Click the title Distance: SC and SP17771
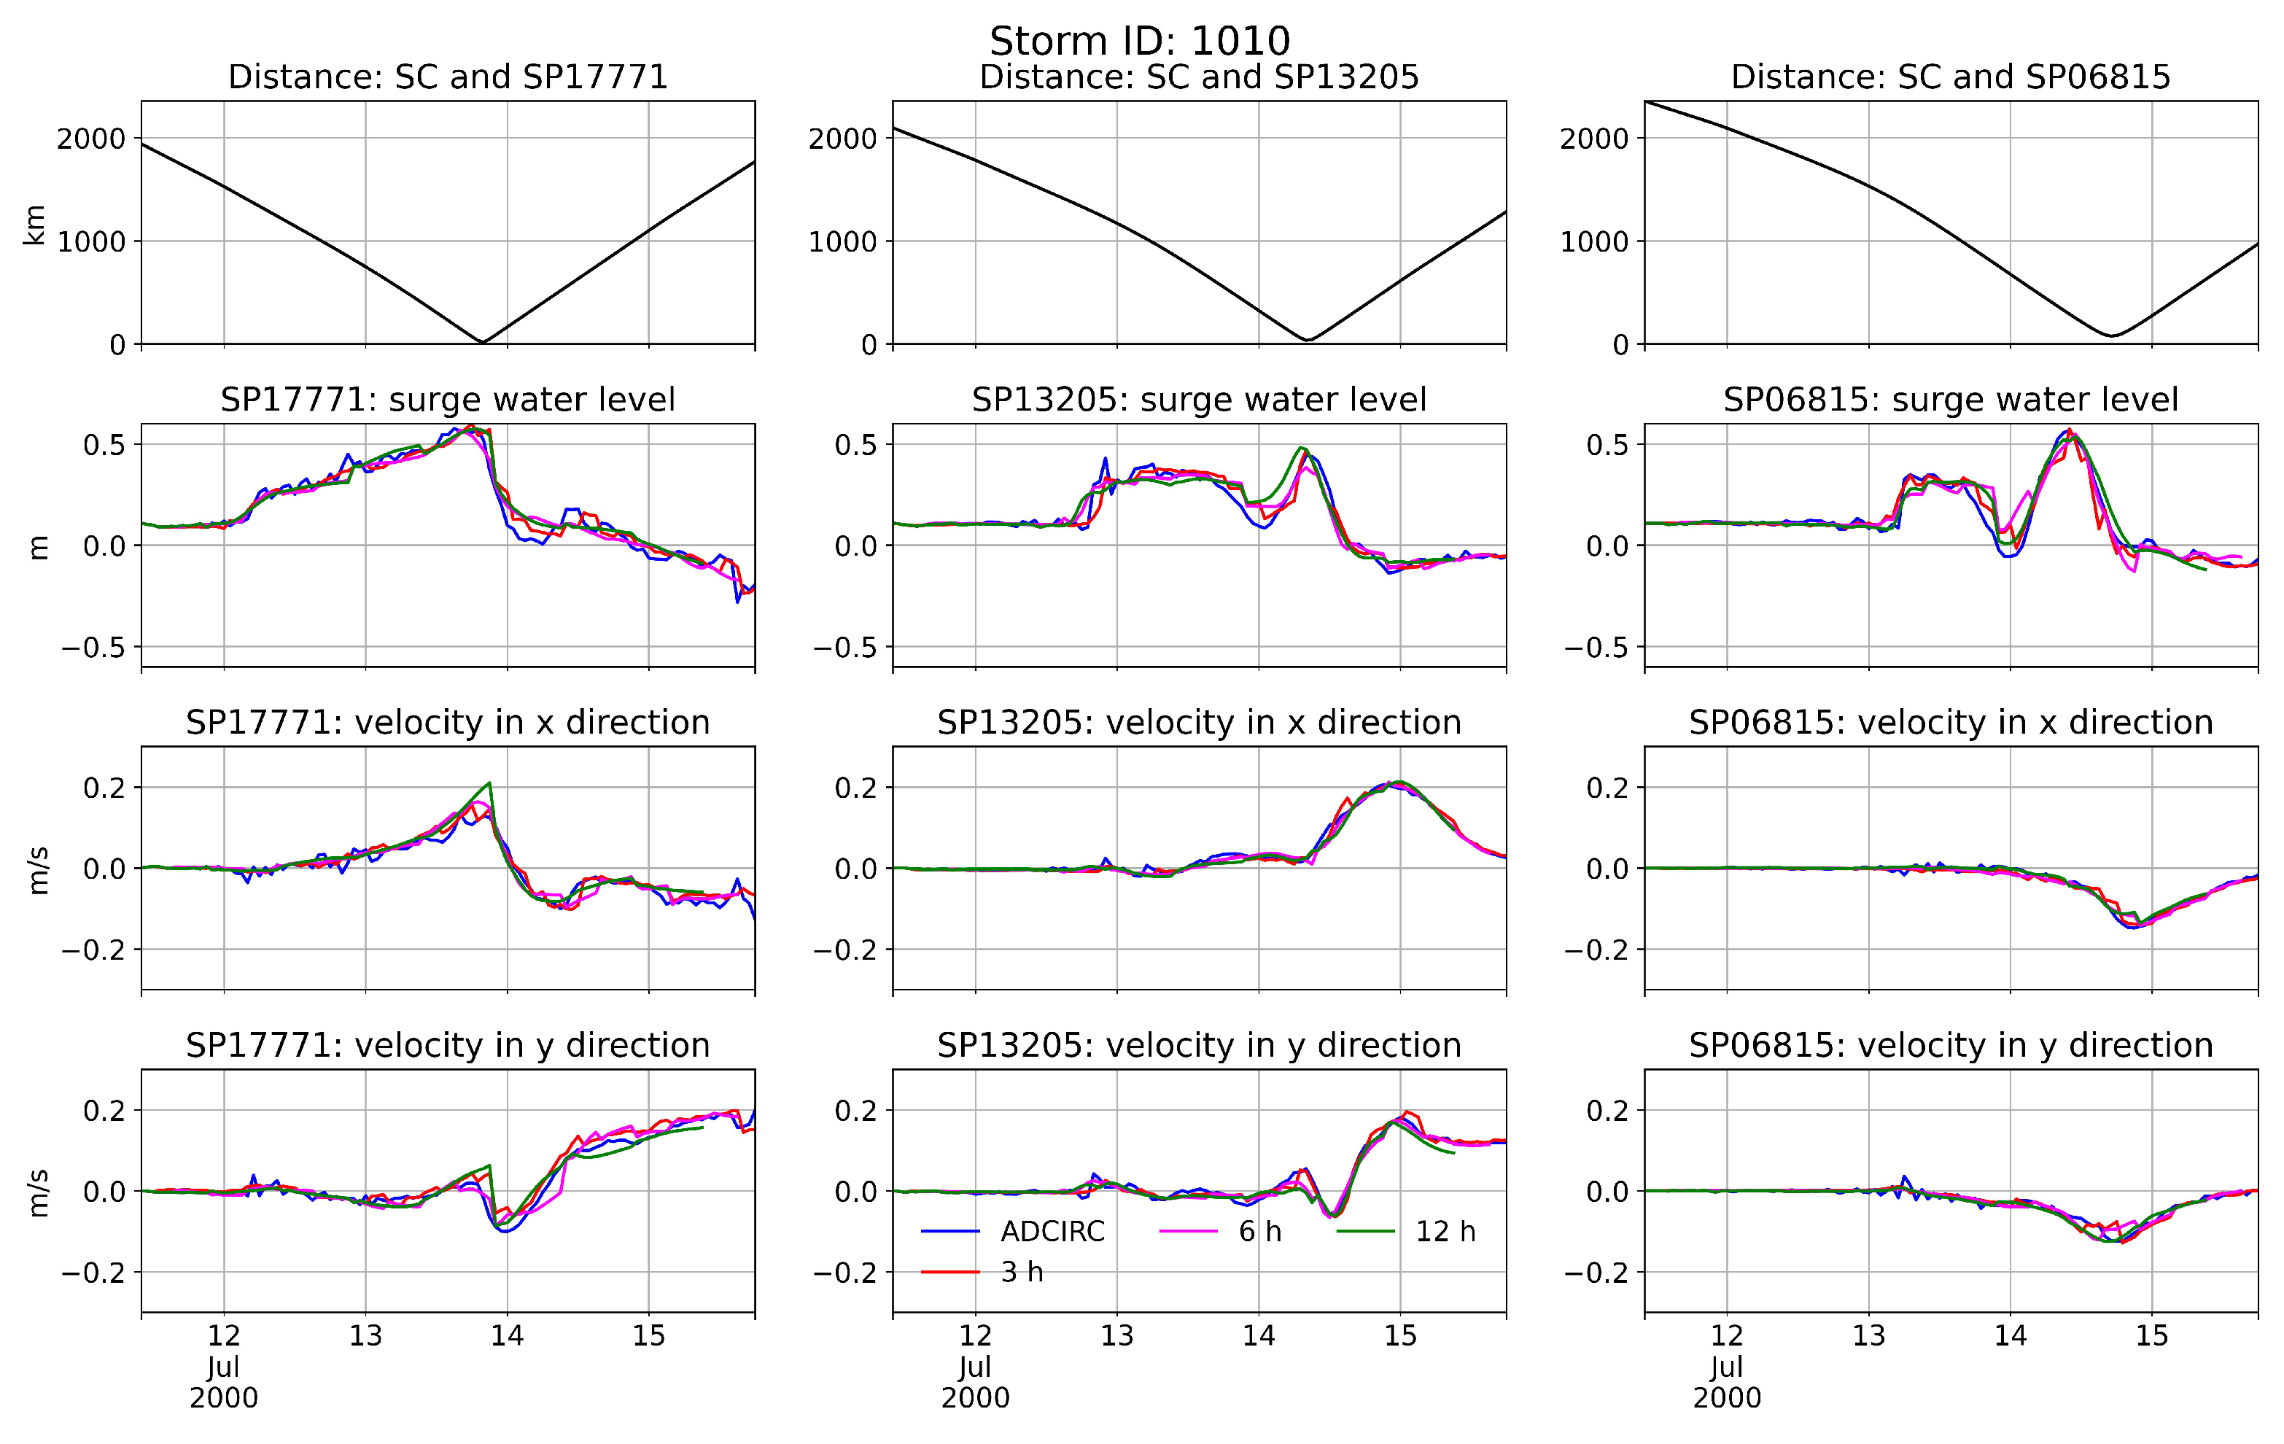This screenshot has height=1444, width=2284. pos(448,77)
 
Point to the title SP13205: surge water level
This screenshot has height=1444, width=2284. pos(1199,400)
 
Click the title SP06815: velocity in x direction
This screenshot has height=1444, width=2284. pos(1950,723)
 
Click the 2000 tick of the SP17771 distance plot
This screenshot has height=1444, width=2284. pos(91,139)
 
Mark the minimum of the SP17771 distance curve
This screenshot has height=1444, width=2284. pos(483,341)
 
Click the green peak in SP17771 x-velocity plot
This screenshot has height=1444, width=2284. pos(489,783)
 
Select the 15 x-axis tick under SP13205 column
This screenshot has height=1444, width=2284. pos(1400,1337)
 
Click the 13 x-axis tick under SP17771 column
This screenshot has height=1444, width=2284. pos(365,1337)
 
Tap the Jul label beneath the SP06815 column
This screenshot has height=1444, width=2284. pos(1726,1367)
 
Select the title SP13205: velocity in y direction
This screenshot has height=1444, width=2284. pos(1199,1046)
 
